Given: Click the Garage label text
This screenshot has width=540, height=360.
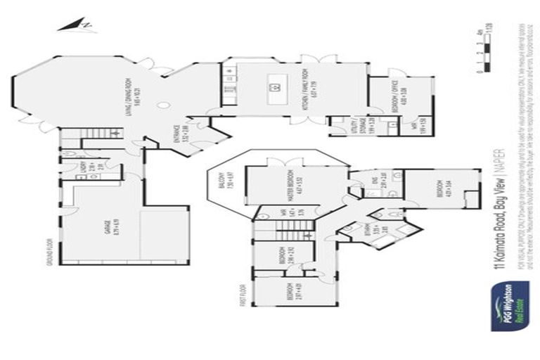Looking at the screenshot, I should [x=109, y=229].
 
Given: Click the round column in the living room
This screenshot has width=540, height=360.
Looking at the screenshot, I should [x=163, y=105].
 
